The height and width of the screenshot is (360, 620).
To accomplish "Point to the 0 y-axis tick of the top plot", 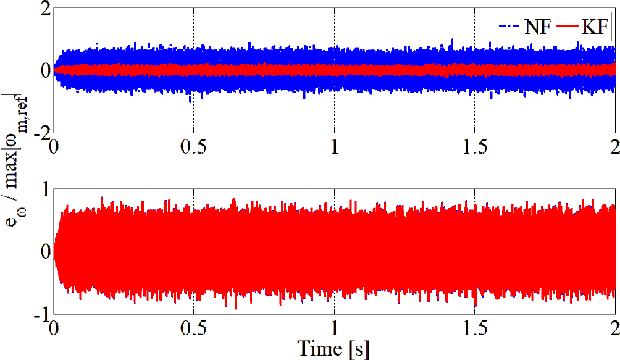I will click(x=44, y=71).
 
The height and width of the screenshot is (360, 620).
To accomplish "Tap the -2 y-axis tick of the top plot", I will click(x=41, y=132).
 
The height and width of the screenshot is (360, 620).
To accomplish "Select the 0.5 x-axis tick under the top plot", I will click(x=193, y=146).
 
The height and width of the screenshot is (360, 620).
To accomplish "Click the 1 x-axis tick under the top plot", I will click(x=334, y=146).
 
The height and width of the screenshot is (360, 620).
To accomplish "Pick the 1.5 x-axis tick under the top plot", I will click(x=474, y=146).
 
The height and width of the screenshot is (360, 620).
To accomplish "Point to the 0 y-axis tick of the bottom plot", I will click(x=44, y=252).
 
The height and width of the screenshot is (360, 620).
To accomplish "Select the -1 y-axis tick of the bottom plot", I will click(x=41, y=313).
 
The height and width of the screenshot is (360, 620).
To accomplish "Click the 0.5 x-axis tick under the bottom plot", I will click(x=193, y=327).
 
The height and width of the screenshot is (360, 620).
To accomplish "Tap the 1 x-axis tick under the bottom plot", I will click(x=334, y=327).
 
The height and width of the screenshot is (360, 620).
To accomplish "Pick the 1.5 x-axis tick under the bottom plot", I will click(x=474, y=327).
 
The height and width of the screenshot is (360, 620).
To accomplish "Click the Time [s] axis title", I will click(x=334, y=349).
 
